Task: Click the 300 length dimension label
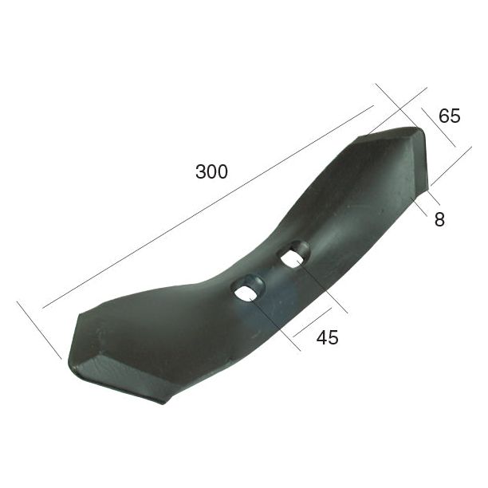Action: [211, 171]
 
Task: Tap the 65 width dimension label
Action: [450, 116]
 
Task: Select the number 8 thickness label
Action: [439, 219]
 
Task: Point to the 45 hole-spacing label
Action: [328, 337]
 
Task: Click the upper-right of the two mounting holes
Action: [293, 255]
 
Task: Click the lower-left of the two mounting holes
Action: [247, 289]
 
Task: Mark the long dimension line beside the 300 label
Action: [207, 207]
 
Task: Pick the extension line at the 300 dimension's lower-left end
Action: [38, 329]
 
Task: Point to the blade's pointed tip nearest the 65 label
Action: [417, 130]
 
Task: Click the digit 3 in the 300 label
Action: [199, 171]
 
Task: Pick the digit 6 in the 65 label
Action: [444, 116]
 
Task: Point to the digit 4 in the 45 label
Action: [322, 337]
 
